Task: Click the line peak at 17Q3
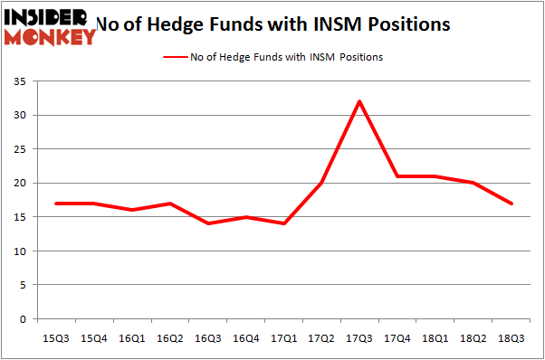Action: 359,101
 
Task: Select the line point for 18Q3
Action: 512,204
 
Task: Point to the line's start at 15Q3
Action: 56,204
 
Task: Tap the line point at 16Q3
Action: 208,223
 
